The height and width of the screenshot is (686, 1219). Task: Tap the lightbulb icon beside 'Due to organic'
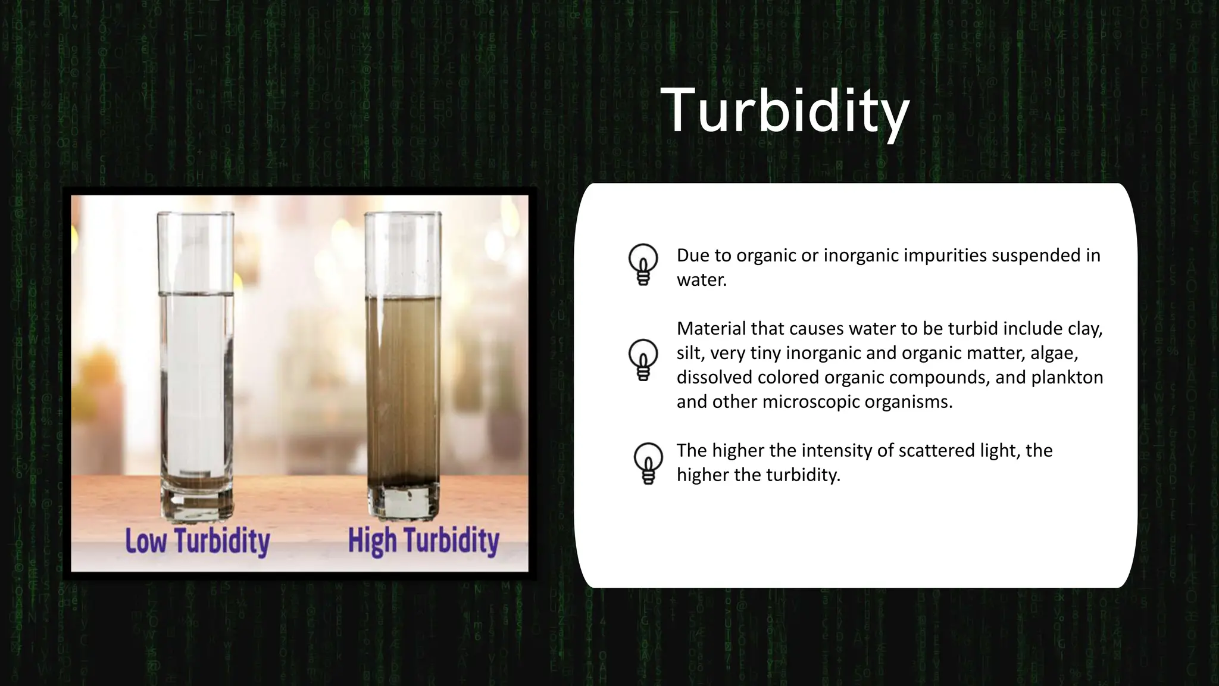(643, 264)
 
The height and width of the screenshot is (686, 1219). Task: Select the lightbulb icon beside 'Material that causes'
(643, 360)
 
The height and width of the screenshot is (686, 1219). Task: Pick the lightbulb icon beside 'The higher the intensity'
(648, 463)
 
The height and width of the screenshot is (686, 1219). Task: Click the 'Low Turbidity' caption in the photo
(197, 541)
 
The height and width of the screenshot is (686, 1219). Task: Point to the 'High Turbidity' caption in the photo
(423, 541)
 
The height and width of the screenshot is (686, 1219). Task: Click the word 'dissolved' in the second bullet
(714, 378)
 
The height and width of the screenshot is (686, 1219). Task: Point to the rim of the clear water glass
(195, 214)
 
